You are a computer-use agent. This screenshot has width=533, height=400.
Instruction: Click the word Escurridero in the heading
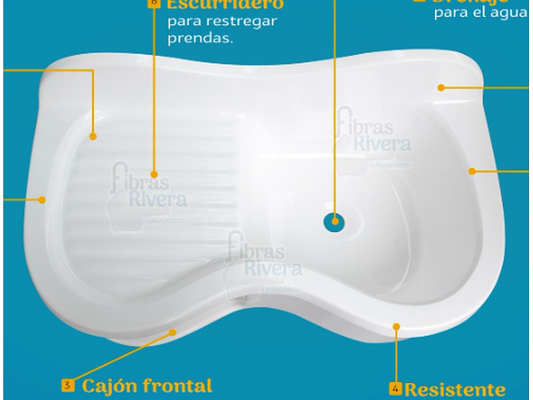point(225,4)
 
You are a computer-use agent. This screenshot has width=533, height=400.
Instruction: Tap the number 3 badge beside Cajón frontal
point(68,385)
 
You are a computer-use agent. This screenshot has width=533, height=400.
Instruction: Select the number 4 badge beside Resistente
point(395,387)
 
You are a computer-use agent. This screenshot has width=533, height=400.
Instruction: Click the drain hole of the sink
point(333,221)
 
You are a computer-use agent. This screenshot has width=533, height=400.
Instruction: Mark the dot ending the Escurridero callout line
point(155,170)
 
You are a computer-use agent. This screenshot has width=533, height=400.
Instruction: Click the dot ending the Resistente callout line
point(396,327)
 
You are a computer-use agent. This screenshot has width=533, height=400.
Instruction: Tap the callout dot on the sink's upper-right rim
point(441,87)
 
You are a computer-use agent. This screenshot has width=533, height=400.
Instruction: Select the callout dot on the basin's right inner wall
point(472,171)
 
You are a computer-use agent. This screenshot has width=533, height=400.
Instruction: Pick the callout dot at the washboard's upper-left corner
point(93,137)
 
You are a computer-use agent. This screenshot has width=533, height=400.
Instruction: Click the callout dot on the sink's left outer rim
point(43,198)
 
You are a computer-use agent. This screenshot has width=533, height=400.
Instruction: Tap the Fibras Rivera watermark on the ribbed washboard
point(150,190)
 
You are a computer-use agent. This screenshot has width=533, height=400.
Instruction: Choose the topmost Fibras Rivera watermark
point(373,137)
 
